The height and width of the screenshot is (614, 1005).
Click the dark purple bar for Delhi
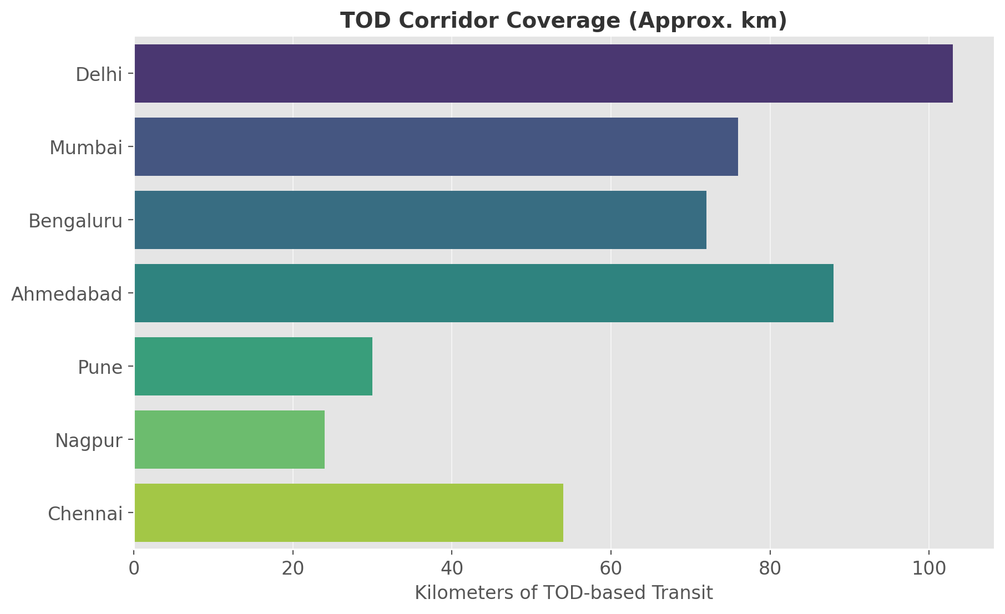543,74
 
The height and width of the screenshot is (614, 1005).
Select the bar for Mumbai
436,147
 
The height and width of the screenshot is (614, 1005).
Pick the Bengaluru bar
420,220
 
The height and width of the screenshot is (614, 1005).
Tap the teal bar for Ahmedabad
484,293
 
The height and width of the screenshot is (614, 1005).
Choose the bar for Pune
253,367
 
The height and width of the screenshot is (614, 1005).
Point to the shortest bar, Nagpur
229,440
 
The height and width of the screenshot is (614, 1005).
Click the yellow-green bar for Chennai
349,513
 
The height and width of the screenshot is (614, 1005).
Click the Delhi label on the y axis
99,74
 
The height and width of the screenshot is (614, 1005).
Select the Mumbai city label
85,148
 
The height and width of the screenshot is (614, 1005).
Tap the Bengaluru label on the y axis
75,221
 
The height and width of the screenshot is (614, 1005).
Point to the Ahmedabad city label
67,294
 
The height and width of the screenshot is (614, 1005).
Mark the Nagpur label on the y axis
88,441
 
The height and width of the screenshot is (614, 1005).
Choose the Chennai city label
85,514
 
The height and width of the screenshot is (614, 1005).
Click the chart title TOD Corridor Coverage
563,21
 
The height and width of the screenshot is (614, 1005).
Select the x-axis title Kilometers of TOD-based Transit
563,593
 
